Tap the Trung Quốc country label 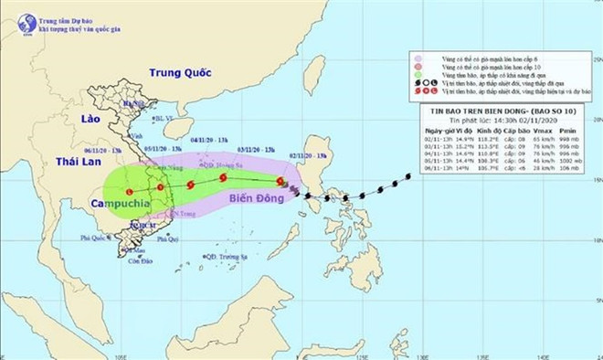[180, 72]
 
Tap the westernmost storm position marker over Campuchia [130, 191]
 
